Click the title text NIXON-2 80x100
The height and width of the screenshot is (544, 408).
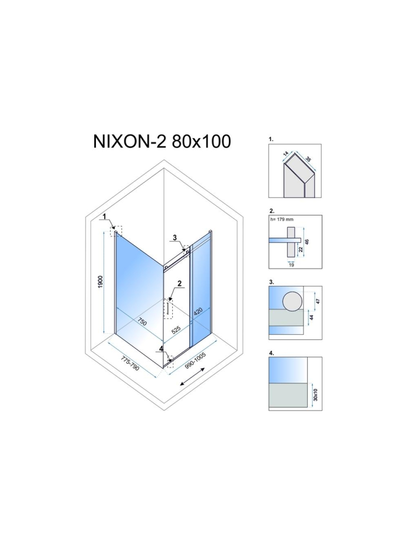point(162,141)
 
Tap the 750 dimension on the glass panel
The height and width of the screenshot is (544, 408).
point(142,322)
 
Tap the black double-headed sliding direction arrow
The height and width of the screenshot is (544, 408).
point(191,377)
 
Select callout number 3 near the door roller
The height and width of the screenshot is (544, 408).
point(174,237)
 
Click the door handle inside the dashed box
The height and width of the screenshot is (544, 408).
point(168,309)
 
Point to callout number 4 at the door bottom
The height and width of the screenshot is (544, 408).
point(161,349)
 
